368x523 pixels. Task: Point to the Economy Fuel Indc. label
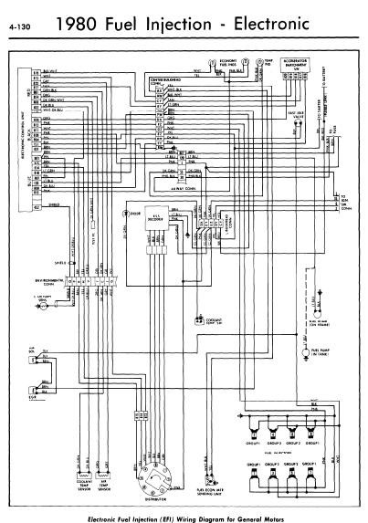[x=230, y=60]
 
